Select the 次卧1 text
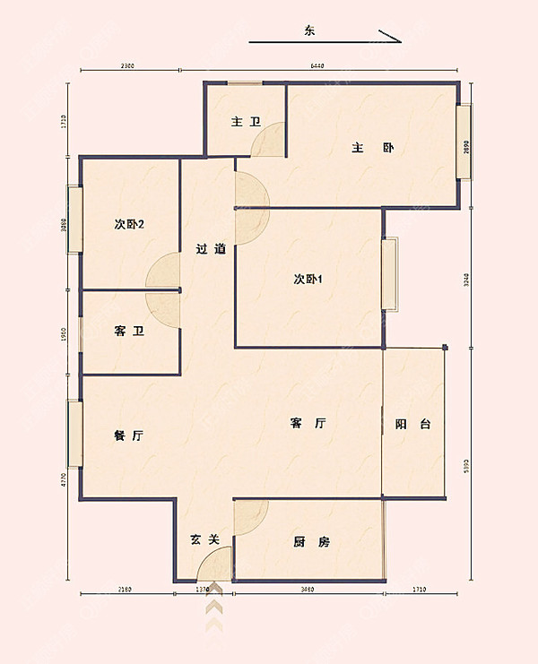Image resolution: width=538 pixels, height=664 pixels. (x=308, y=279)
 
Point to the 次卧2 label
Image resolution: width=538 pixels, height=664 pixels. (x=130, y=224)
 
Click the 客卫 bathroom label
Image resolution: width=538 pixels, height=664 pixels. (x=126, y=332)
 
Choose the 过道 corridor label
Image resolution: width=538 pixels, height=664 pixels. (x=211, y=249)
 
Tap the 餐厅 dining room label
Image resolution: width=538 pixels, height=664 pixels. (x=129, y=435)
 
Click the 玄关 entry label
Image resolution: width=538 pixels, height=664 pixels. (x=204, y=539)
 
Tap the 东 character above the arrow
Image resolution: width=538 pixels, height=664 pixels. (x=309, y=31)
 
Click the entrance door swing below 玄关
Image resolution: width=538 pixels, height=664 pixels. (x=215, y=565)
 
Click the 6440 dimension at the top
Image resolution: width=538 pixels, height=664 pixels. (x=317, y=66)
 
